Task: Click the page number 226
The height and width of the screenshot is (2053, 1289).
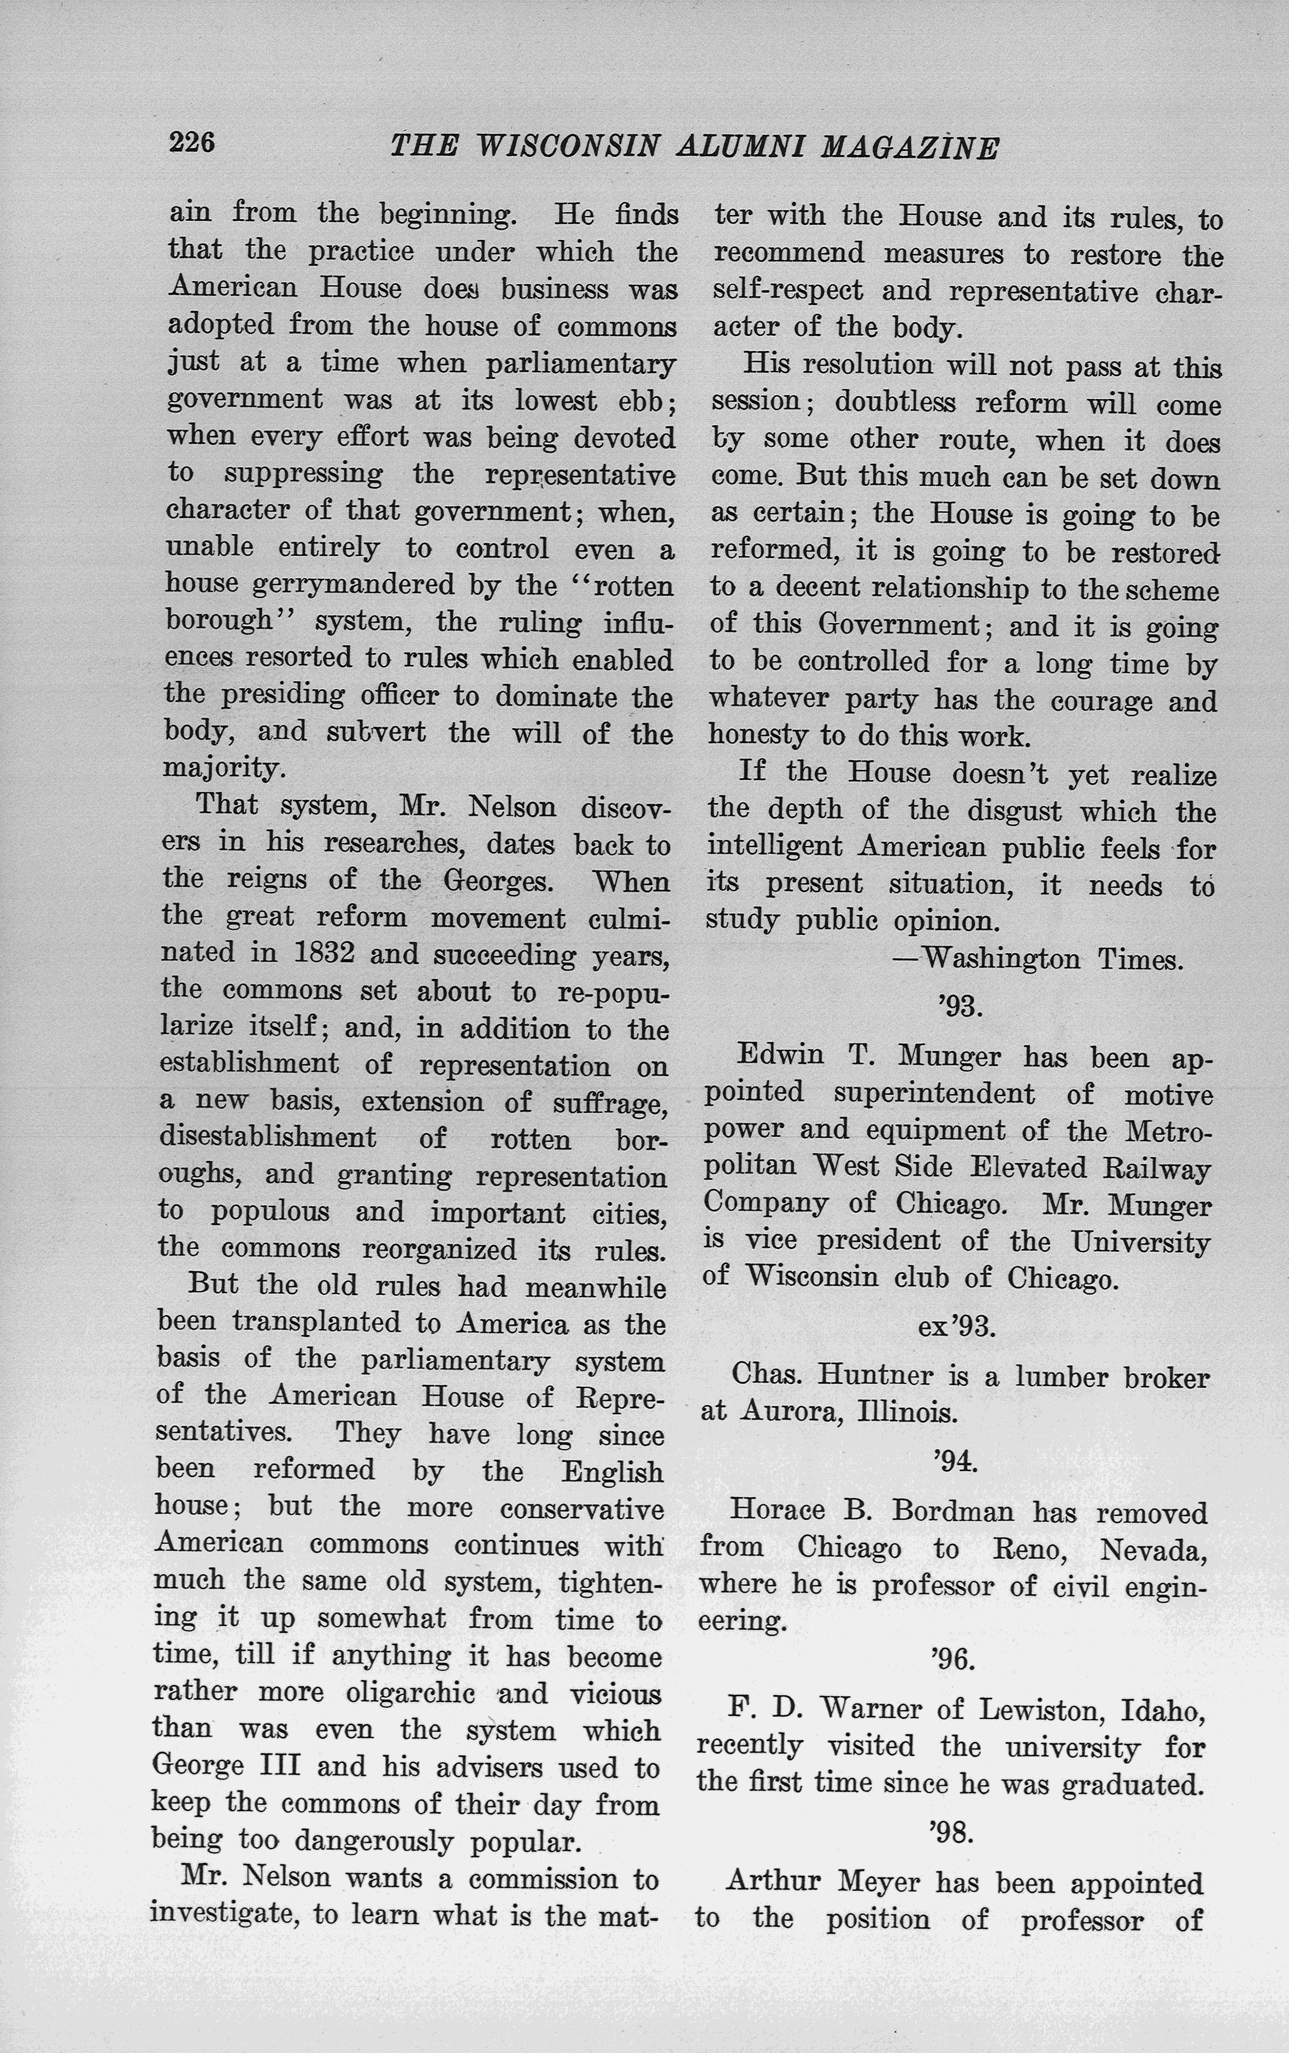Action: (192, 142)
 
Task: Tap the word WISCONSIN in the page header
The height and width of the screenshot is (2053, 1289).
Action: (567, 146)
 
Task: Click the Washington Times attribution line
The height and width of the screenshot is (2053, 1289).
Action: (1037, 960)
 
